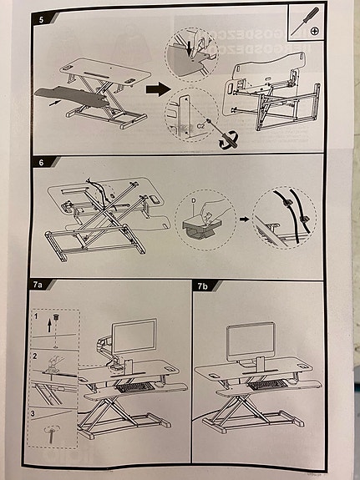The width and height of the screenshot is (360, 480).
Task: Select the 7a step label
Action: pyautogui.click(x=38, y=285)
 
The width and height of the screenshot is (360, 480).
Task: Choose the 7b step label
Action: pyautogui.click(x=203, y=285)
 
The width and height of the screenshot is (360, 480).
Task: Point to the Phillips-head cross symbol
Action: pyautogui.click(x=315, y=31)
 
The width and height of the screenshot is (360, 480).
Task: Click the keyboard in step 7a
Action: pyautogui.click(x=133, y=387)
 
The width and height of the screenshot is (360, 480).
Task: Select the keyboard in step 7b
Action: pyautogui.click(x=269, y=385)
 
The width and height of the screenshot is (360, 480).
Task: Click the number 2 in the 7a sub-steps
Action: pyautogui.click(x=35, y=356)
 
